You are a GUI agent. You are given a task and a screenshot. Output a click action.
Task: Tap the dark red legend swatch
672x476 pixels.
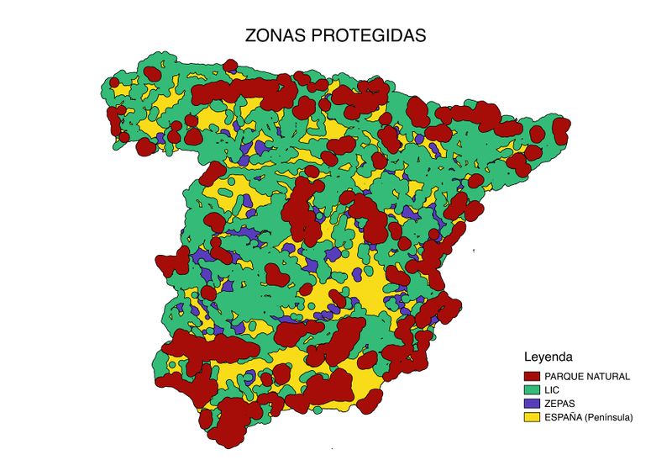point(531,376)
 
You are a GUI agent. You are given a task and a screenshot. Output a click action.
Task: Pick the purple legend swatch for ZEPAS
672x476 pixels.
point(531,403)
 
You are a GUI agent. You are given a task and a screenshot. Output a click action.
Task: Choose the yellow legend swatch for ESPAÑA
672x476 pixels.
point(531,416)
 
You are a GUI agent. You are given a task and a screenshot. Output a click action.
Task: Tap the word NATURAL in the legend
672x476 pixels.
point(609,376)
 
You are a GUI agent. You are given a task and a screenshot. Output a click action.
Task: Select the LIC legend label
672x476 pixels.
point(552,389)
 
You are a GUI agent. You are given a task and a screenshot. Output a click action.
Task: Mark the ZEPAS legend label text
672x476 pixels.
point(559,403)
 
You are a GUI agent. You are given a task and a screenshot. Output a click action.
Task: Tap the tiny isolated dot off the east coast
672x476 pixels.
point(475,251)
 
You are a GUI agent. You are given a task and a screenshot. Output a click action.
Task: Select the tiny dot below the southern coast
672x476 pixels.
point(333,449)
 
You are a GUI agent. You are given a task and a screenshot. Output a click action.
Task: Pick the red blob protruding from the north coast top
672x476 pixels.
point(152,71)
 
